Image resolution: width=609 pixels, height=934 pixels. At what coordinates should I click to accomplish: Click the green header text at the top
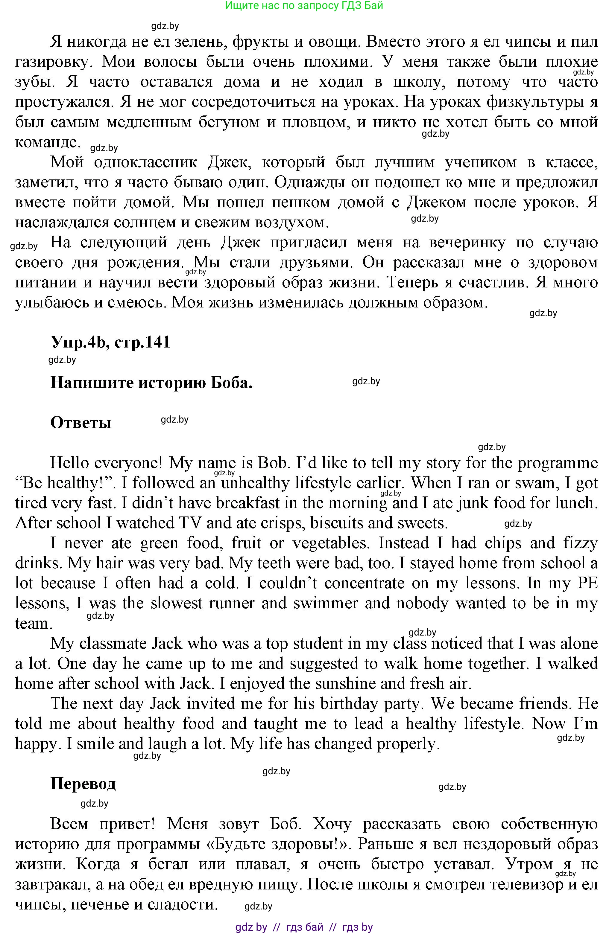(304, 5)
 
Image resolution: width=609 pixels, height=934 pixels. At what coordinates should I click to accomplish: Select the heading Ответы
(81, 423)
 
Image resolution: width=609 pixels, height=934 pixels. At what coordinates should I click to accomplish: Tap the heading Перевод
(83, 784)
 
